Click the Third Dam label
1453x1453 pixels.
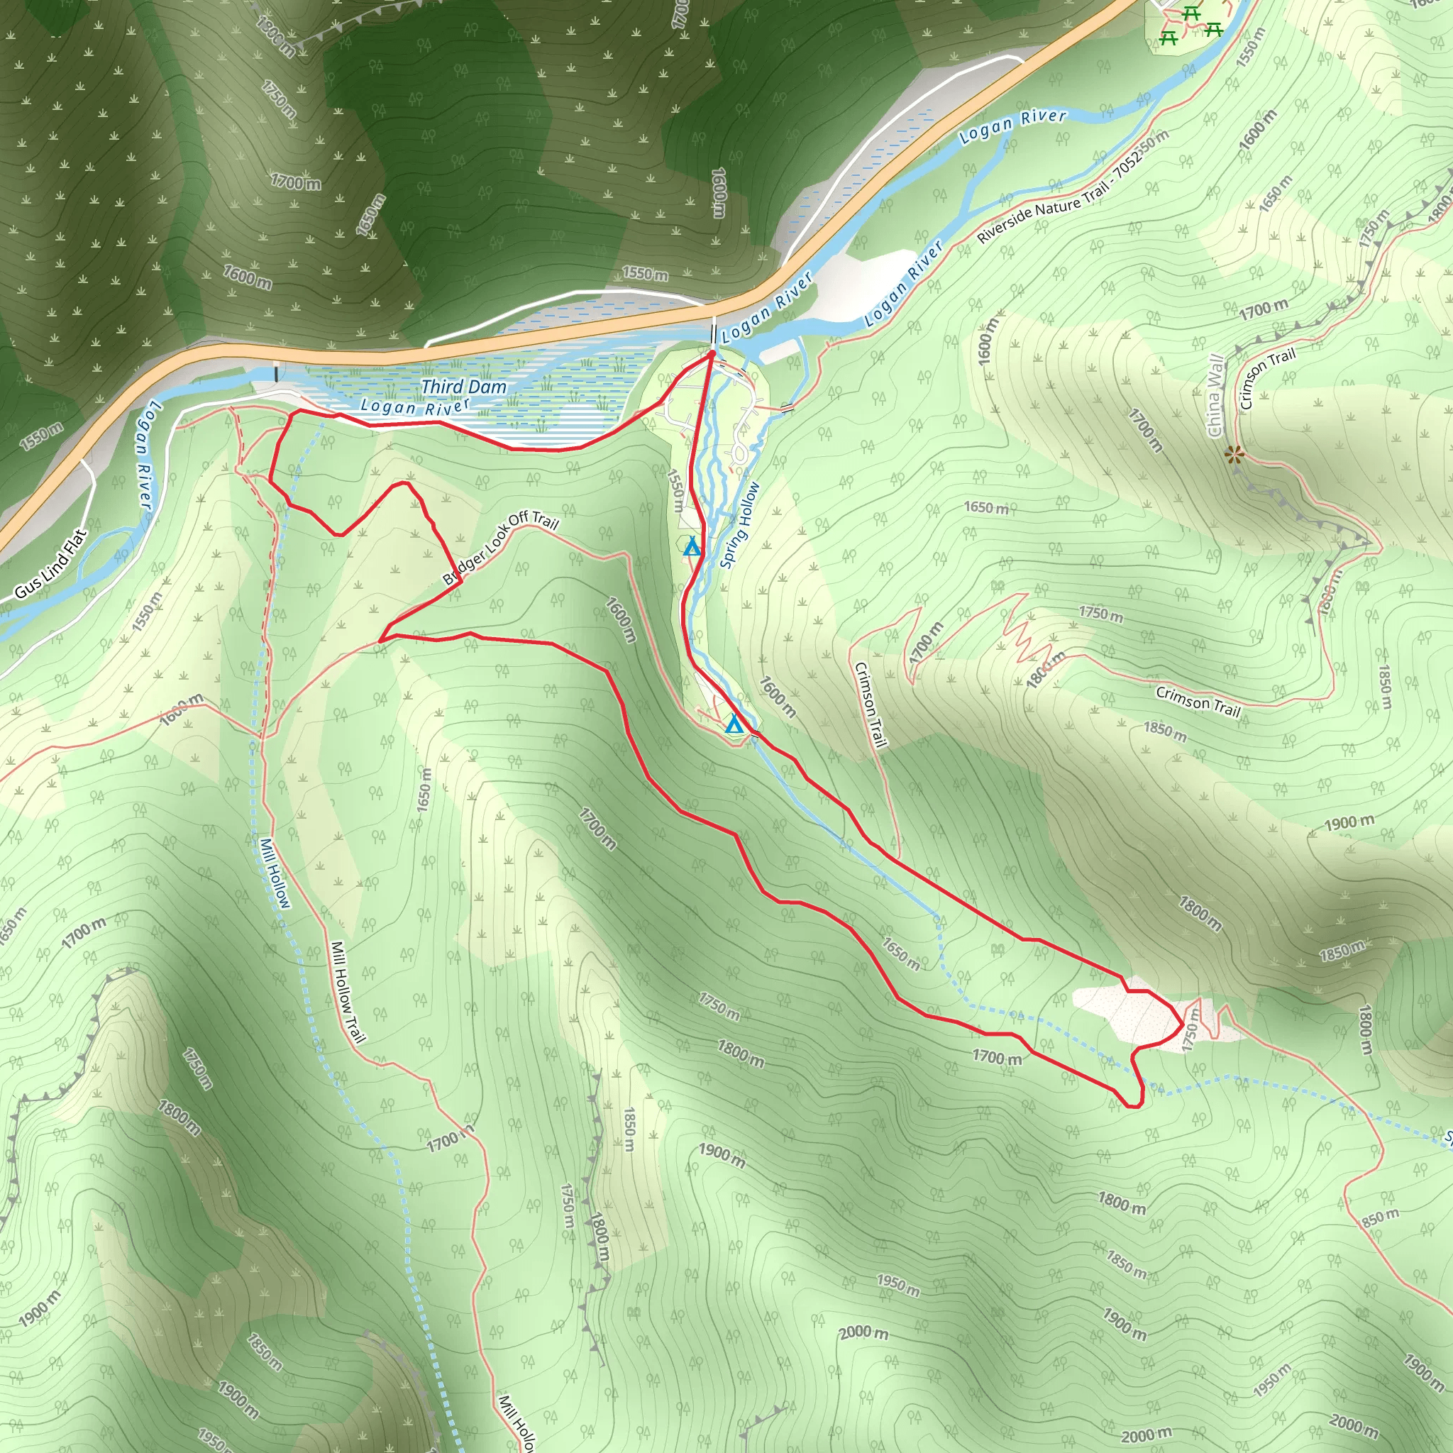463,387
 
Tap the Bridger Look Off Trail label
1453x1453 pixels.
500,548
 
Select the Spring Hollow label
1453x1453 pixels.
740,524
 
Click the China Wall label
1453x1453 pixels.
1215,396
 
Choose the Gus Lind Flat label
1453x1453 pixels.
51,564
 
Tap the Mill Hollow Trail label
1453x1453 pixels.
348,992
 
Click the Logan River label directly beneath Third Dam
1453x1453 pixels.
415,407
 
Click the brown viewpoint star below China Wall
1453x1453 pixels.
1233,453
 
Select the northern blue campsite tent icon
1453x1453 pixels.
691,547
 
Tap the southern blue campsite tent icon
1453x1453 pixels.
734,725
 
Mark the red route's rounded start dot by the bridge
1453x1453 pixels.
712,351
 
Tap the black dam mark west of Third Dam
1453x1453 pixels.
277,372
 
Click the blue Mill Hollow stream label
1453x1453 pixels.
274,873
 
